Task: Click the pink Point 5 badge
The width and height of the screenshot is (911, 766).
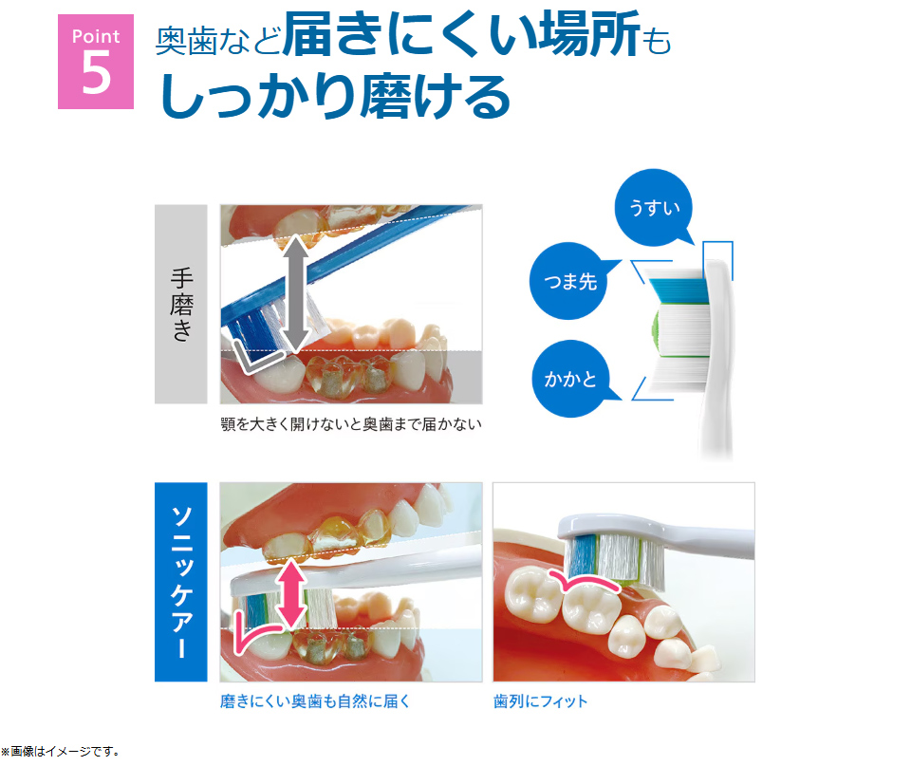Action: [x=96, y=61]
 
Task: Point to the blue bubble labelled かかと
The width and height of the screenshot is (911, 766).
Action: [x=570, y=380]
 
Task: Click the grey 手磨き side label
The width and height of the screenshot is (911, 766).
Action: [x=180, y=304]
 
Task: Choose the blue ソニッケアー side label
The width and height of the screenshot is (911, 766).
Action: [x=180, y=581]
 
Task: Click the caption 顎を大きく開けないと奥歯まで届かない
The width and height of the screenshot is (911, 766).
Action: [x=350, y=424]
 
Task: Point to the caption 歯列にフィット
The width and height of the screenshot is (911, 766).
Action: [x=540, y=701]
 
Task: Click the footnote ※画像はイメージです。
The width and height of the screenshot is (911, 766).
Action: [x=61, y=752]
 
